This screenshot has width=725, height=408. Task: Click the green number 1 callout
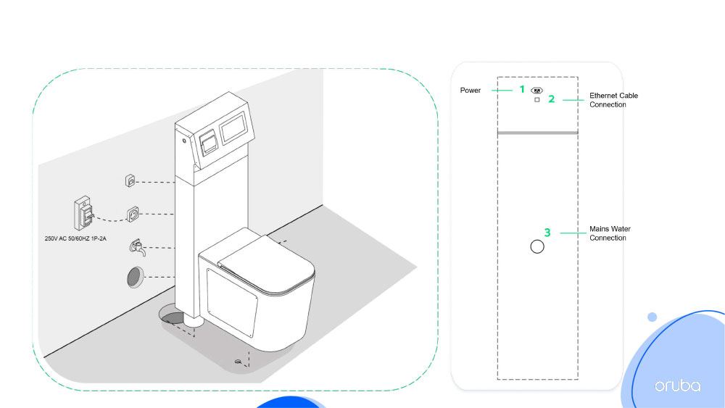tap(522, 89)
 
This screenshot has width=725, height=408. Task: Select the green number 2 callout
tap(551, 99)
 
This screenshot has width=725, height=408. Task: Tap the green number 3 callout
tap(547, 233)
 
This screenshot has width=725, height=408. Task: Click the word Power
tap(471, 90)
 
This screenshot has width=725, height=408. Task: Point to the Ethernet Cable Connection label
tap(613, 100)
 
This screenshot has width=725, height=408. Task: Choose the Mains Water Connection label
tap(610, 233)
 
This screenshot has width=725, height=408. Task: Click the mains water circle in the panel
tap(537, 246)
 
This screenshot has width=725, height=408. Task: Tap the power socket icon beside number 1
tap(536, 91)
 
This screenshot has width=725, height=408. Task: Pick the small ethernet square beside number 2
tap(536, 100)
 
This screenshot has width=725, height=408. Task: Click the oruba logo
tap(677, 386)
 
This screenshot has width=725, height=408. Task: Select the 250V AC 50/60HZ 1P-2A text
tap(75, 238)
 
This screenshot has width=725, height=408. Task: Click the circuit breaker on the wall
tap(83, 213)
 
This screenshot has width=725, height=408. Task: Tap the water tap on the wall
tap(138, 248)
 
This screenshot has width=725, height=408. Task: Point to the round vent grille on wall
tap(135, 278)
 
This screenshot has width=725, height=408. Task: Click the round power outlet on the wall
tap(133, 215)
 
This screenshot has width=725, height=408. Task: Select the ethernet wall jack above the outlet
tap(130, 180)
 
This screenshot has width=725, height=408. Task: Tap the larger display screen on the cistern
tap(233, 127)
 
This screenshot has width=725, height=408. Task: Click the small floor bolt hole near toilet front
tap(238, 362)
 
